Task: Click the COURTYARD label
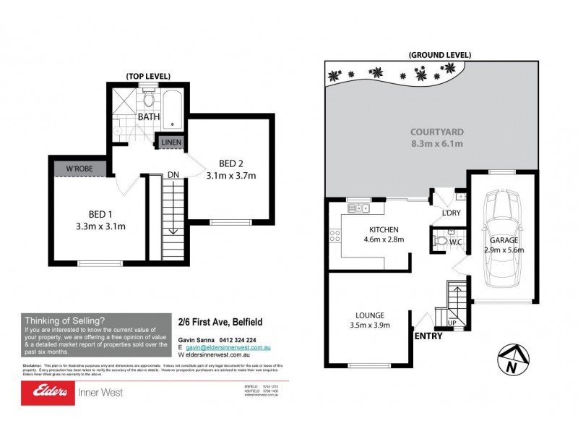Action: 436,132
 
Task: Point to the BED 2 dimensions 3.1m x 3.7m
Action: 232,175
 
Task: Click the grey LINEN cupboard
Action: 171,142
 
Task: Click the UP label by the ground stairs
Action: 453,323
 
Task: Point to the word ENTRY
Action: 429,336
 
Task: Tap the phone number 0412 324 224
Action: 235,340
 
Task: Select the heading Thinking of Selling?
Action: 65,320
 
